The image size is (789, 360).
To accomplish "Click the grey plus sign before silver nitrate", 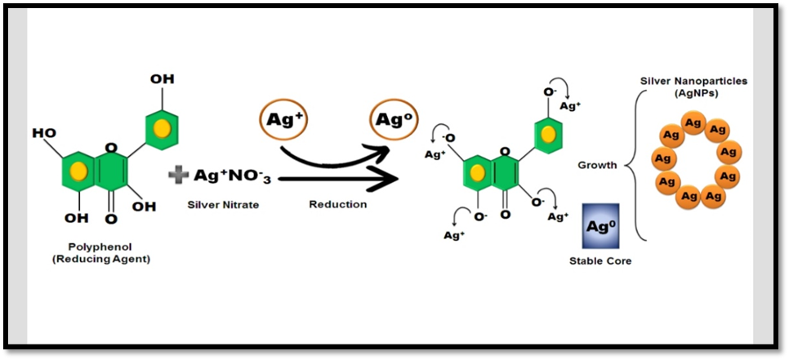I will tap(178, 175).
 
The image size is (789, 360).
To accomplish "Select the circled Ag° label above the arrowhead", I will tap(390, 120).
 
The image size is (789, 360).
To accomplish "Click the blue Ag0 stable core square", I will tap(601, 226).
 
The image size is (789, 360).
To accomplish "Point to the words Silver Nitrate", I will tap(223, 204).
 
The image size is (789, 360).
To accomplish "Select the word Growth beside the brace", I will tap(597, 165).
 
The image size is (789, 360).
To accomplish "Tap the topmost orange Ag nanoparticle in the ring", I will tap(693, 123).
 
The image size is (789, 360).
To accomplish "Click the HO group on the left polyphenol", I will tap(44, 132).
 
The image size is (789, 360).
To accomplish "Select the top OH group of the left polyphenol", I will tap(162, 79).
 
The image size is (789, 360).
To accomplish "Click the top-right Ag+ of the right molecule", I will tap(569, 105).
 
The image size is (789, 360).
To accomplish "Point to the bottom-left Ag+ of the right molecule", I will tap(454, 235).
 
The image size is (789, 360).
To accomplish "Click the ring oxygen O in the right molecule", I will tap(505, 152).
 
